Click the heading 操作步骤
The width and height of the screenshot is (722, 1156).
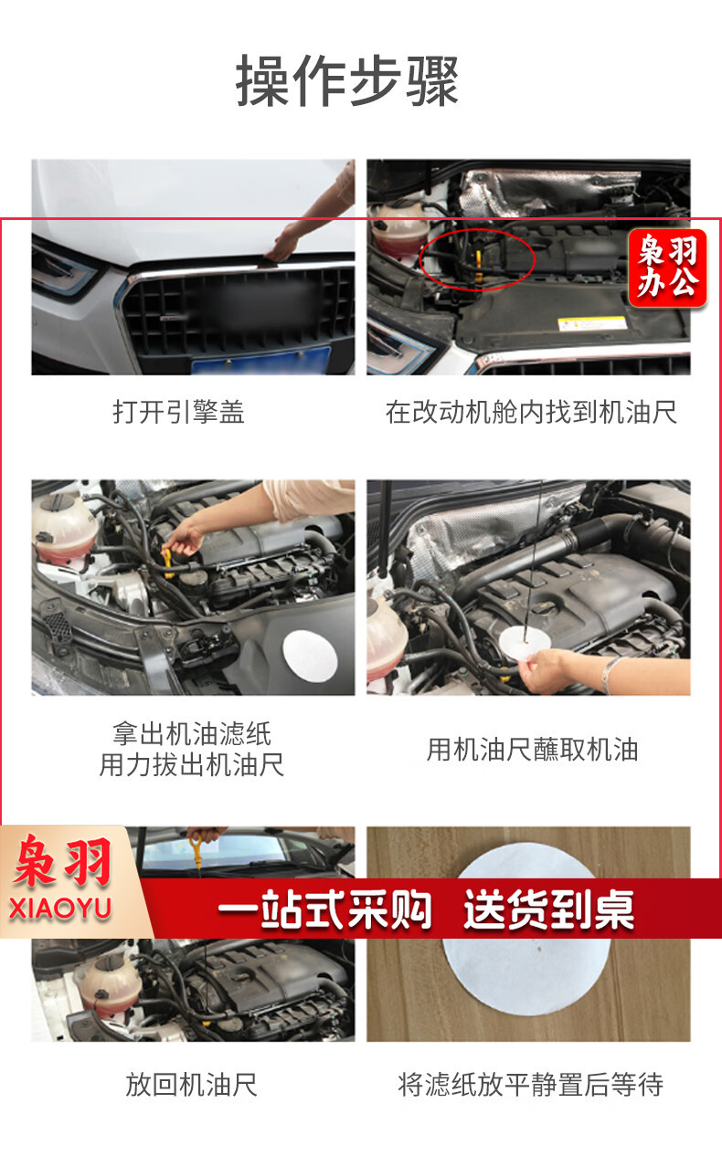tap(347, 81)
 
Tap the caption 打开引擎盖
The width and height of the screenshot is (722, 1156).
tap(179, 412)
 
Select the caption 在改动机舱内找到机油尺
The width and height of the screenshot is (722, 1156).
tap(531, 412)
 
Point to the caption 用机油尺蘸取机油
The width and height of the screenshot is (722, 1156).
tap(532, 749)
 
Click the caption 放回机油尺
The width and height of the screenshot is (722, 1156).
tap(192, 1084)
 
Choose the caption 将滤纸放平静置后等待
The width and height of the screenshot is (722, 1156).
tap(530, 1084)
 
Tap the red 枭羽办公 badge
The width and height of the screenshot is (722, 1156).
tap(667, 268)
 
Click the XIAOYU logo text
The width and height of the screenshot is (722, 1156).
tap(60, 909)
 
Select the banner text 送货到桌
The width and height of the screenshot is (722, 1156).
tap(548, 909)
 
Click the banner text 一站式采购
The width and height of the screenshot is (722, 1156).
tap(324, 909)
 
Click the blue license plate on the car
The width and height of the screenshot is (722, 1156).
tap(260, 361)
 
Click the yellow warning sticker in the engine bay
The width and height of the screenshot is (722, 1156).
tap(592, 323)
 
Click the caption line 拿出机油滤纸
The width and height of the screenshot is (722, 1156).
tap(192, 733)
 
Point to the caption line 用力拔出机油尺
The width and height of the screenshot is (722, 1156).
tap(192, 764)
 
